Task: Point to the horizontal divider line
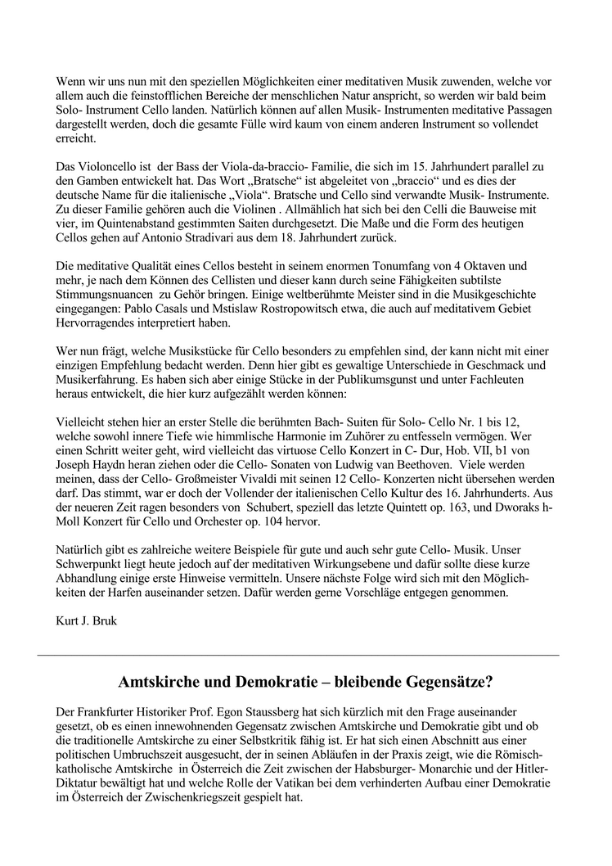299,655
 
